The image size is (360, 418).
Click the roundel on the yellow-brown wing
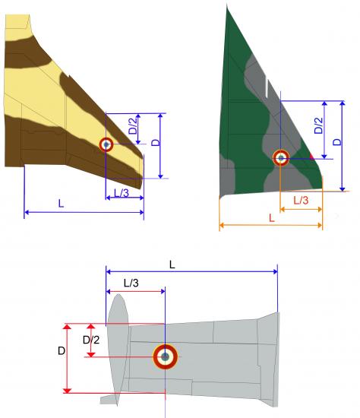106,144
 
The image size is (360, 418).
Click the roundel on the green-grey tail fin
281,158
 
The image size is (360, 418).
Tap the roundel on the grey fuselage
166,356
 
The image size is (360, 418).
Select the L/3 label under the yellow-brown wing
122,193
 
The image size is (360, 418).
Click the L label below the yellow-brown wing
61,204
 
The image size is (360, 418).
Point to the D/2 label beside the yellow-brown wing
133,125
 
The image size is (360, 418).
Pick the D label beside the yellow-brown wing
156,143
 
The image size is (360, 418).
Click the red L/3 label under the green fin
301,200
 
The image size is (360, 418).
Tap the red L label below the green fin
272,218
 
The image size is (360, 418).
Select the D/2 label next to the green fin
318,125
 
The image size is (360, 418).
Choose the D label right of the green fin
337,142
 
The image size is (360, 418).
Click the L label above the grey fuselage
172,264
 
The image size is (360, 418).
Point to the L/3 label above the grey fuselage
131,283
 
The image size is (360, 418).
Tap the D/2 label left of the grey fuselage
91,340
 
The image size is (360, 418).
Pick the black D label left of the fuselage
62,351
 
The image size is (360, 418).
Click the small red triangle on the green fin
311,157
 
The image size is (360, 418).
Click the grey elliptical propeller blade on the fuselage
118,350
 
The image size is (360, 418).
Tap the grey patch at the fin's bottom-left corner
227,176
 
